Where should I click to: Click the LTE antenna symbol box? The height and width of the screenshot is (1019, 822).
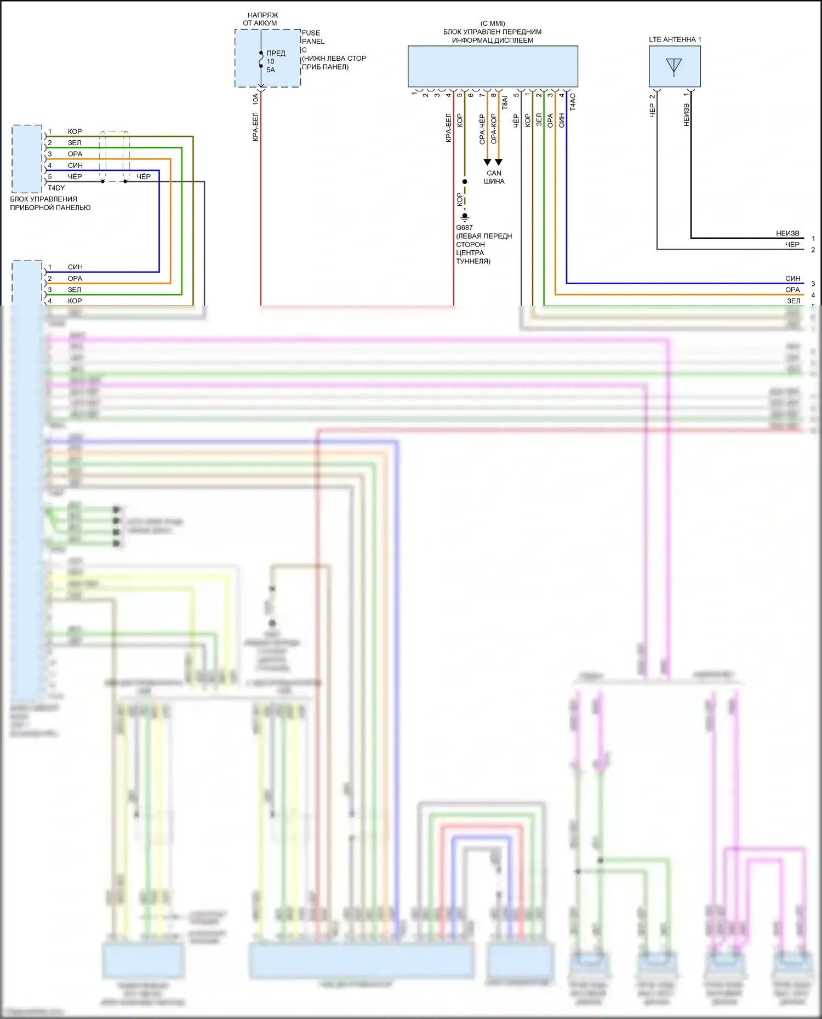(675, 66)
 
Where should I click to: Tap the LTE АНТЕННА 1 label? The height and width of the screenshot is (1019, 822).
(675, 39)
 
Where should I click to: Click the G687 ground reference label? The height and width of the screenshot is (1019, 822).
(464, 228)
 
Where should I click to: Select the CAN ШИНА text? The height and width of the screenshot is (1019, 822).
(494, 177)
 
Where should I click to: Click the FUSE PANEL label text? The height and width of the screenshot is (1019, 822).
(313, 37)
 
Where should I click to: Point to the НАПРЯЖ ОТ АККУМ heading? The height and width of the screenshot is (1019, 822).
(260, 19)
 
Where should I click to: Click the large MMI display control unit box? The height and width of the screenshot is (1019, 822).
(493, 66)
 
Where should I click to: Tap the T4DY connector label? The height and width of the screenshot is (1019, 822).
(56, 188)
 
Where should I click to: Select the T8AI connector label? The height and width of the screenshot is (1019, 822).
(505, 102)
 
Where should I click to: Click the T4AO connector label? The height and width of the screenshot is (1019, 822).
(573, 102)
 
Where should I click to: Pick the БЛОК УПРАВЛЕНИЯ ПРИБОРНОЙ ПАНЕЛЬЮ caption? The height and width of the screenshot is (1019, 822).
(50, 203)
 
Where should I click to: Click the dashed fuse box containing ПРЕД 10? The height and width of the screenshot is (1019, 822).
(267, 59)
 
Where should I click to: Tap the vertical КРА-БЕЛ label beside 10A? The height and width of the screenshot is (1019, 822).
(255, 127)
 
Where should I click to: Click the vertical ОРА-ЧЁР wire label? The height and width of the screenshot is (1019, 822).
(482, 129)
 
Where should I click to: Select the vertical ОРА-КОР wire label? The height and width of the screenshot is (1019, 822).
(494, 129)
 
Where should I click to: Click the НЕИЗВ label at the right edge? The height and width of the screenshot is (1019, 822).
(787, 233)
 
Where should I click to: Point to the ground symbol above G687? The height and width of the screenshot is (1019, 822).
(465, 217)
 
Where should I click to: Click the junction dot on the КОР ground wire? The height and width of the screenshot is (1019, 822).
(465, 181)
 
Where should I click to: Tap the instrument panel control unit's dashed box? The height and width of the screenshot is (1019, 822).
(27, 159)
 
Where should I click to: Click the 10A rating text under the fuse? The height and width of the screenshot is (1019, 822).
(255, 99)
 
